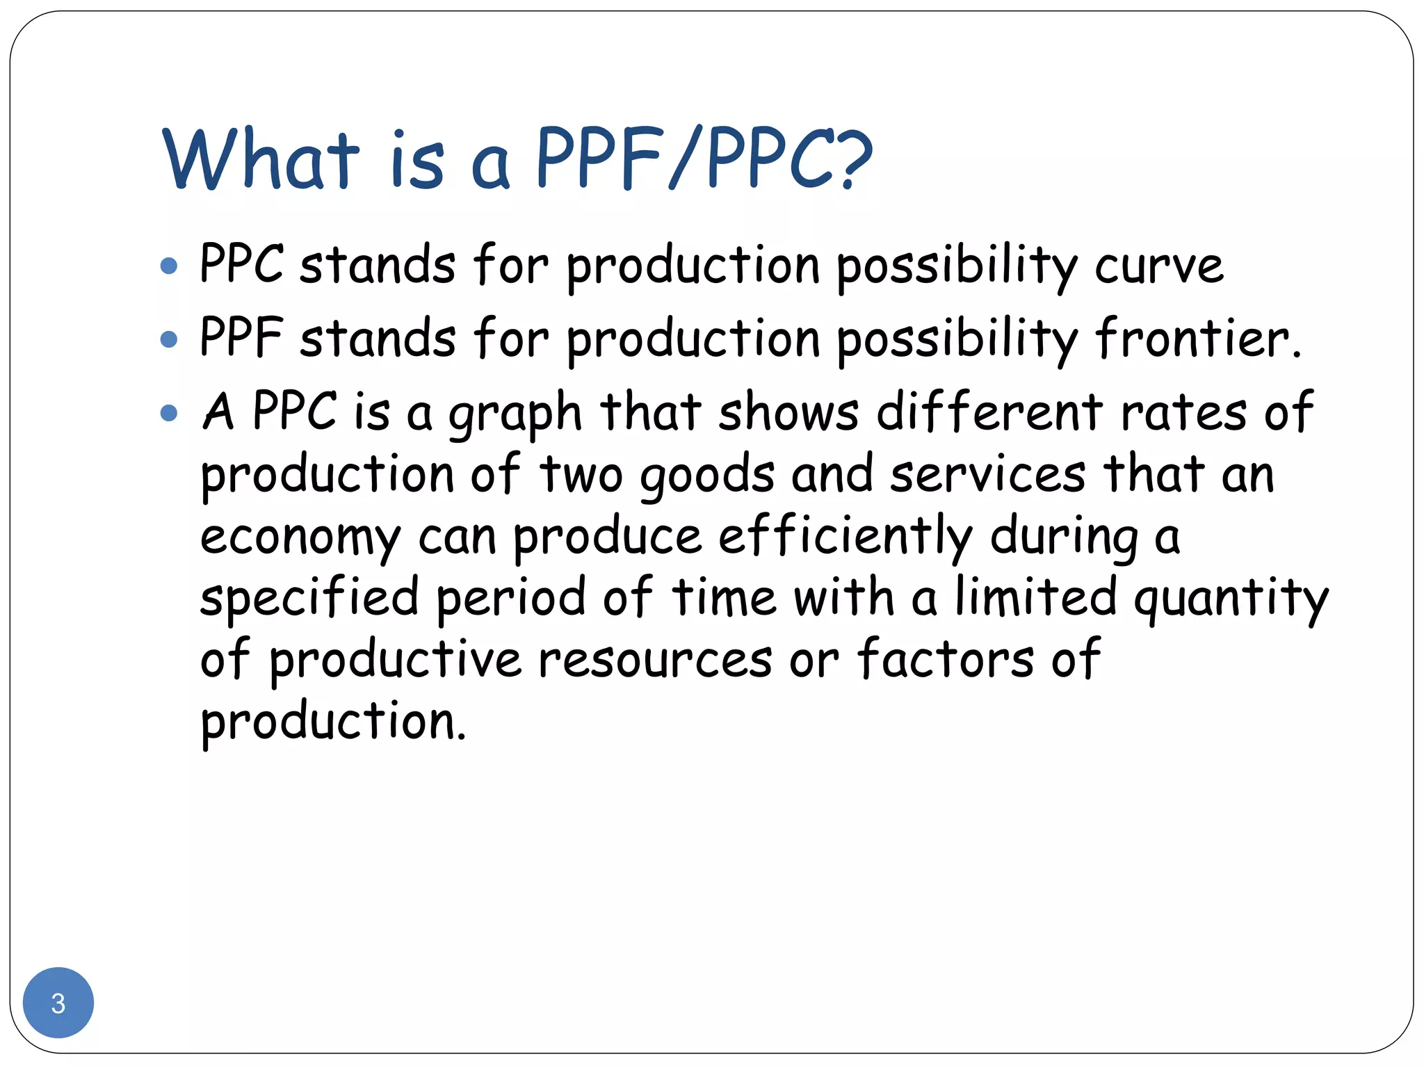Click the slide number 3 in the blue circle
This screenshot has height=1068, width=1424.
[x=58, y=1003]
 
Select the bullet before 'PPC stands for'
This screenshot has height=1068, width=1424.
[x=169, y=266]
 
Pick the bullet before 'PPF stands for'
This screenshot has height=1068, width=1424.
[x=169, y=339]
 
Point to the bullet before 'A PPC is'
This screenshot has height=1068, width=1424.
[x=169, y=413]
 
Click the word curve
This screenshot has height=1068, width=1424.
[x=1159, y=267]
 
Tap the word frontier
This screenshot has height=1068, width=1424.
[x=1197, y=339]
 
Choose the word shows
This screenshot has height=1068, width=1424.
[x=788, y=413]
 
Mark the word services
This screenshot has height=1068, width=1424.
[x=987, y=476]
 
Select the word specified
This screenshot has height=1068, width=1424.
[x=309, y=598]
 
